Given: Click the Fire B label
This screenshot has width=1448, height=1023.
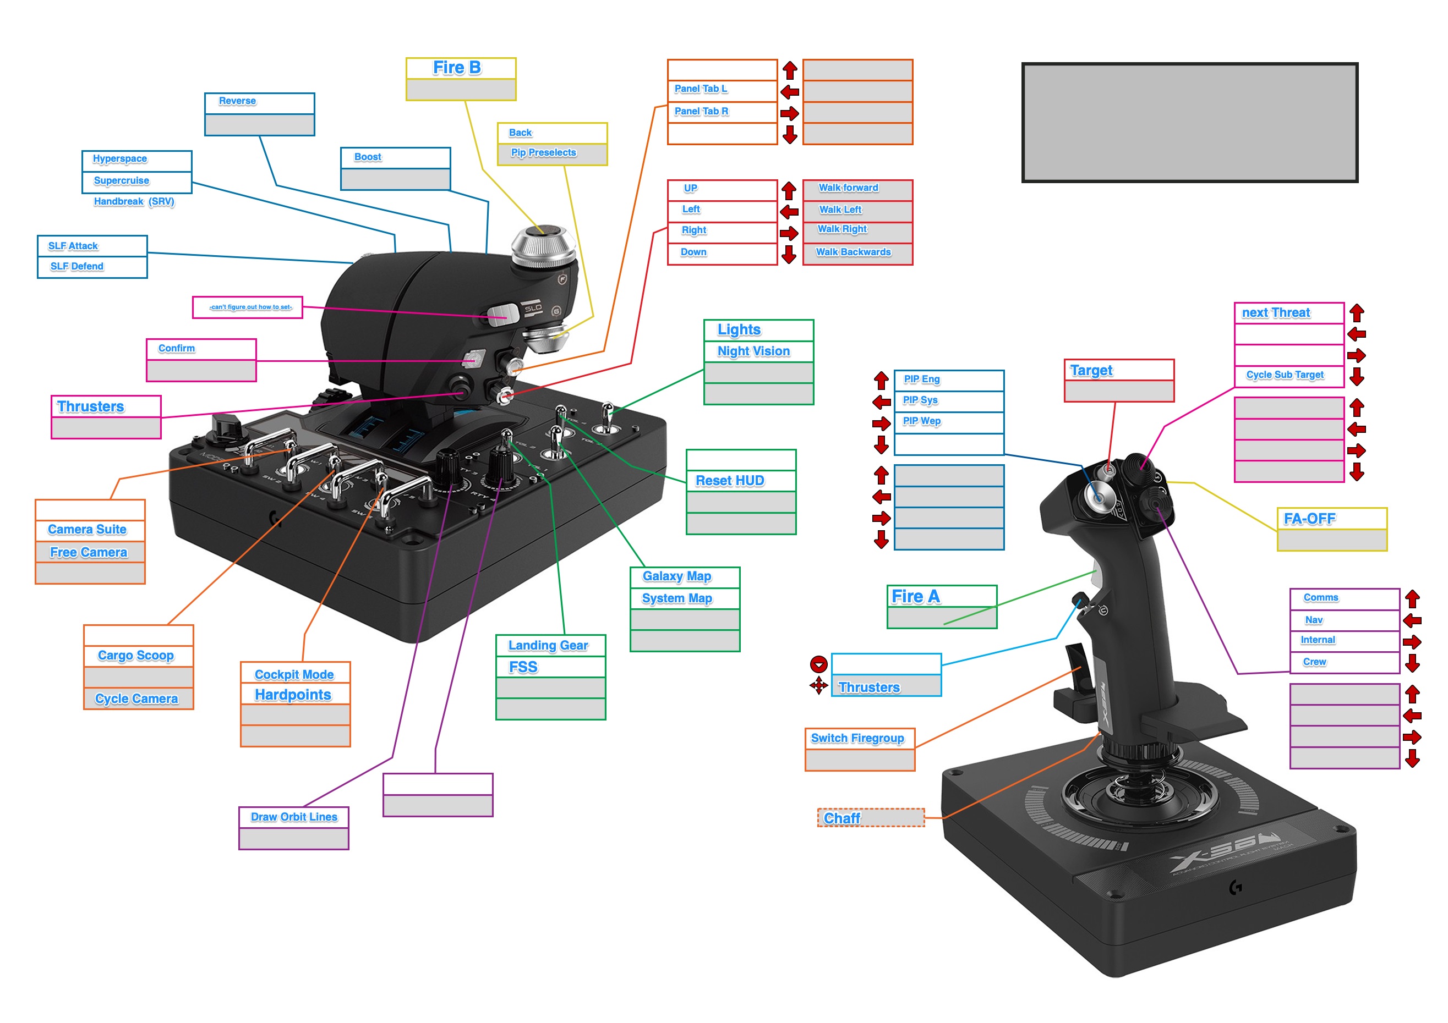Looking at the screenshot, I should [457, 68].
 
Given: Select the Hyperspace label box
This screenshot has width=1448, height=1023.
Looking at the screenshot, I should [121, 159].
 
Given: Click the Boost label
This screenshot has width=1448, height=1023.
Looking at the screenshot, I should [368, 157].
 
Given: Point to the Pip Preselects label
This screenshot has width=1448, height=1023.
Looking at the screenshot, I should [544, 153].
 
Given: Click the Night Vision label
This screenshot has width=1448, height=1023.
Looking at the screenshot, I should [753, 351].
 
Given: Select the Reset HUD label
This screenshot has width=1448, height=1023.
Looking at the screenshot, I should [730, 481].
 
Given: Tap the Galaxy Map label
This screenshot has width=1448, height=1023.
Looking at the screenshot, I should [677, 576].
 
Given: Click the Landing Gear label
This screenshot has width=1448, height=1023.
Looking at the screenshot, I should [548, 646].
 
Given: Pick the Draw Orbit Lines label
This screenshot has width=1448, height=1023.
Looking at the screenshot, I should [294, 817].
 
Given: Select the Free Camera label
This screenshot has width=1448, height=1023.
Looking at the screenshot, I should [89, 553].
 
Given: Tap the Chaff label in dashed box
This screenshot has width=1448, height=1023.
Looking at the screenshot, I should [843, 818].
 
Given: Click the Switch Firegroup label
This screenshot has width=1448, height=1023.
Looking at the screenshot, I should [857, 738].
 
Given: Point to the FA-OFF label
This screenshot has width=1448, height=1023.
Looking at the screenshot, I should [1310, 519].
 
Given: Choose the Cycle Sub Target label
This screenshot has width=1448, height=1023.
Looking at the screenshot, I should [1285, 375].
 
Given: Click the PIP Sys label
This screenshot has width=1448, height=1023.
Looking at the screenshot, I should [921, 400].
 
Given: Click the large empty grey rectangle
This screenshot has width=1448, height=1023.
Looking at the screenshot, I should [1189, 123].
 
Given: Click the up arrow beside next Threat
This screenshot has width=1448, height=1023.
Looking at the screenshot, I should [1357, 312].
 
